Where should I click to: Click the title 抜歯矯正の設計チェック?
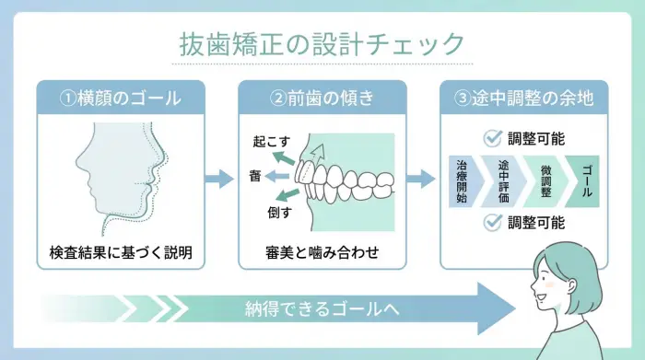pos(322,43)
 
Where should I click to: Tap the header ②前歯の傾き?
pos(322,97)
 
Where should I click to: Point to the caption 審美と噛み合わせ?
pos(322,251)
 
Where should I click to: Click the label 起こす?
pos(272,144)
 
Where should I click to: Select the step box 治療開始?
pos(462,180)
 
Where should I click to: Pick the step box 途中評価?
pos(503,180)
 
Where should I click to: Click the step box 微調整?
pos(544,180)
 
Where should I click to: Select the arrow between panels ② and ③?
pos(420,179)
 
